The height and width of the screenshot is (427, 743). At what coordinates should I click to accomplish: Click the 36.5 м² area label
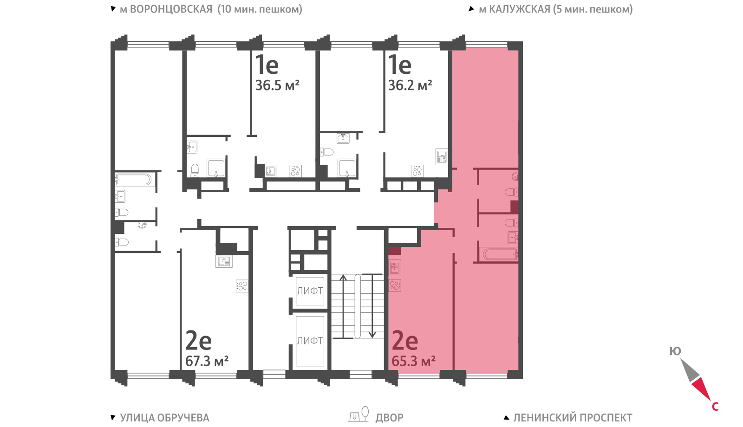pyautogui.click(x=277, y=85)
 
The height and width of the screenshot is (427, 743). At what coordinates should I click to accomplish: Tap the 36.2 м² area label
pyautogui.click(x=411, y=85)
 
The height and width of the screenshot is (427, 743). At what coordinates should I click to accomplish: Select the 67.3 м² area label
pyautogui.click(x=207, y=361)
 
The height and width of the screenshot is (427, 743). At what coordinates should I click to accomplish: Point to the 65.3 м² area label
pyautogui.click(x=414, y=361)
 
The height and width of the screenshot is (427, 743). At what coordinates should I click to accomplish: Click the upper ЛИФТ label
pyautogui.click(x=310, y=291)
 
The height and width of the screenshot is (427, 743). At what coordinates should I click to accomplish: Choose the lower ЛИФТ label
pyautogui.click(x=310, y=341)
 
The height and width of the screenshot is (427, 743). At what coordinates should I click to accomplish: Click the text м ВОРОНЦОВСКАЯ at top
pyautogui.click(x=166, y=9)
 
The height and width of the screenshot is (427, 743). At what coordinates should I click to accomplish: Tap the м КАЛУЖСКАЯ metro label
pyautogui.click(x=515, y=9)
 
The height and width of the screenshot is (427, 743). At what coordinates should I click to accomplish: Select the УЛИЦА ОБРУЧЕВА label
pyautogui.click(x=164, y=418)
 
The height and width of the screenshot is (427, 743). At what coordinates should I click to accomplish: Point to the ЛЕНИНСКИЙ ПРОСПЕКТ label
pyautogui.click(x=573, y=418)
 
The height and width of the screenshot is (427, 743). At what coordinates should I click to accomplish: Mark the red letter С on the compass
pyautogui.click(x=715, y=407)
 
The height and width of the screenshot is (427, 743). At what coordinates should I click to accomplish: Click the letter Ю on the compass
pyautogui.click(x=675, y=351)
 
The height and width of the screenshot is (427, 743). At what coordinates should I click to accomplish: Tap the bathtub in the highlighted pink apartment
pyautogui.click(x=501, y=255)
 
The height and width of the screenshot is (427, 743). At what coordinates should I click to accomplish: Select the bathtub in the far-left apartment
pyautogui.click(x=133, y=180)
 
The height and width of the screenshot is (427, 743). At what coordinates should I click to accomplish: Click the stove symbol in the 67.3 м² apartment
pyautogui.click(x=242, y=286)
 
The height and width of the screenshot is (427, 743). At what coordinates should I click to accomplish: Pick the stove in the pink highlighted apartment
pyautogui.click(x=395, y=285)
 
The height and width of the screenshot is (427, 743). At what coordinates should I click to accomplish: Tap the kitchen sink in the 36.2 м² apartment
pyautogui.click(x=442, y=156)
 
